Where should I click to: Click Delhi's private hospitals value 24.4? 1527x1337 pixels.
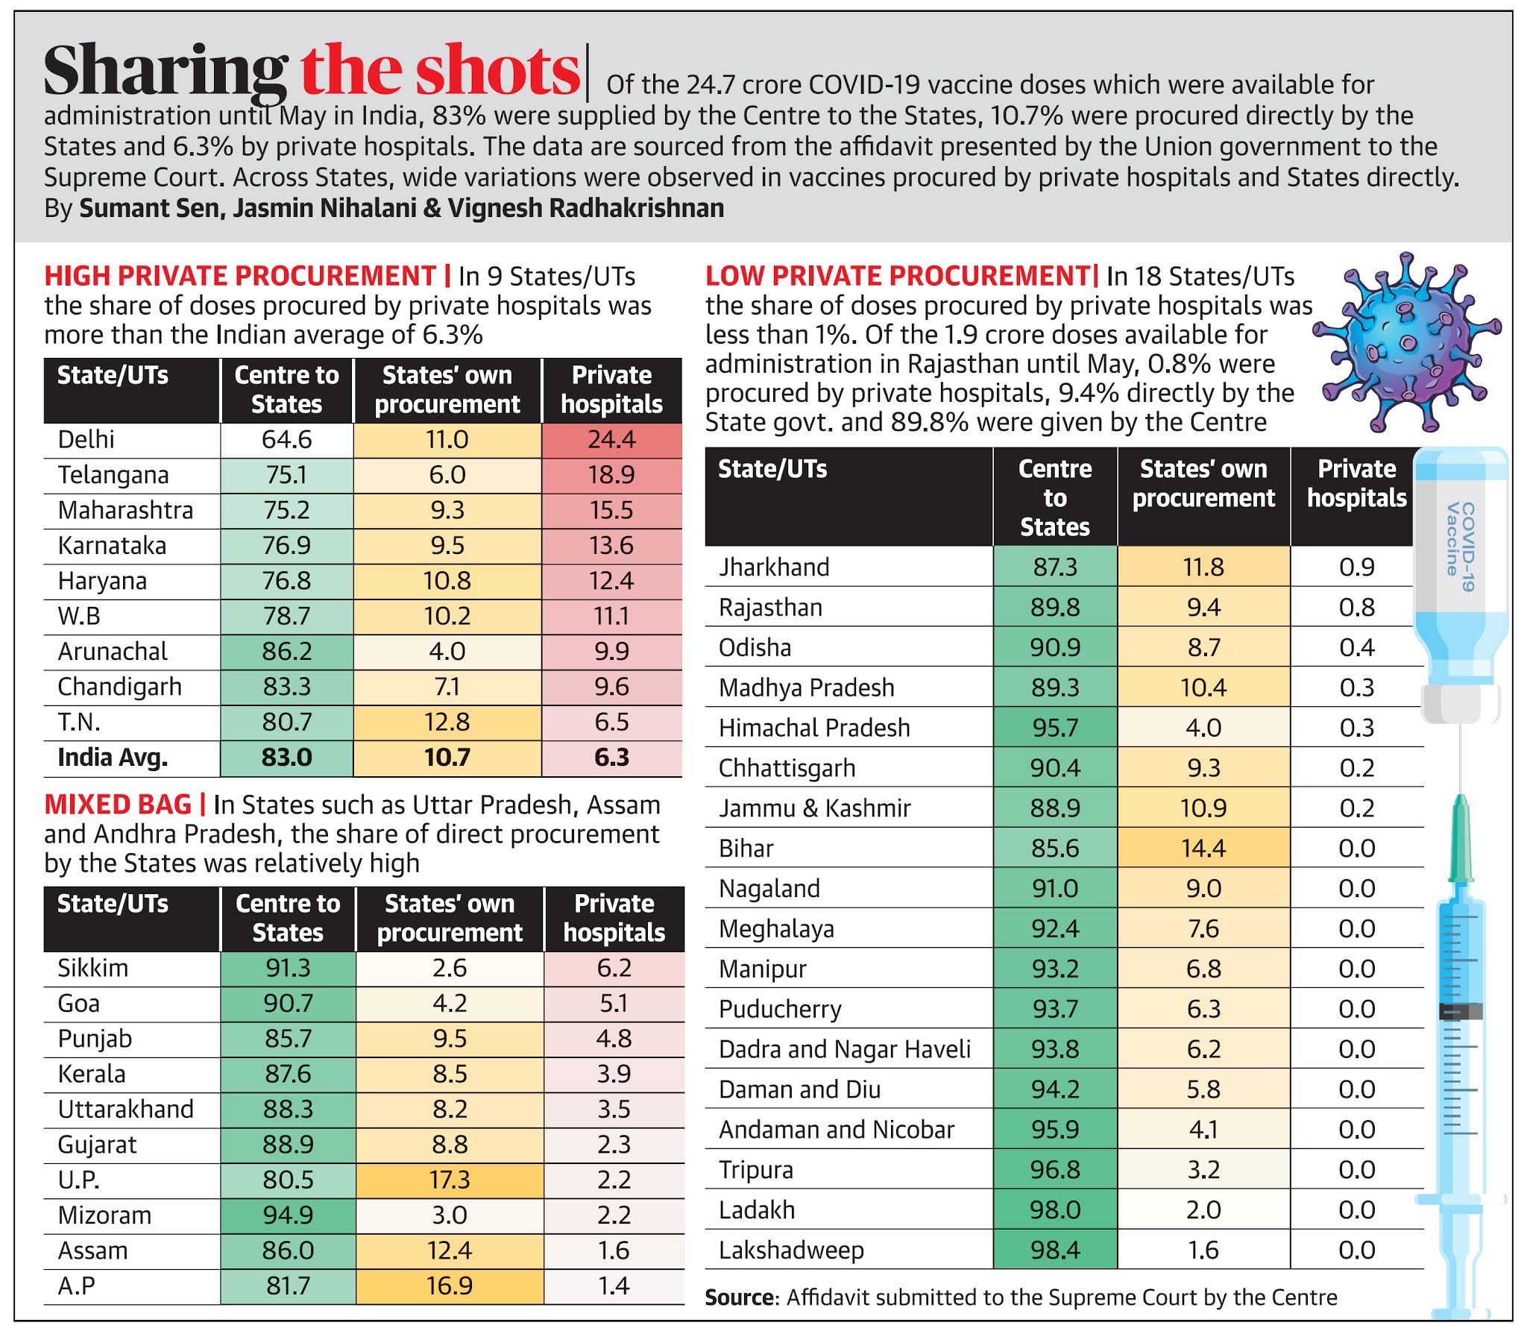tap(611, 439)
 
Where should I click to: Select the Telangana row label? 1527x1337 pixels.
tap(113, 475)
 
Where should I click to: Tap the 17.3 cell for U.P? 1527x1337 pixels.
tap(449, 1180)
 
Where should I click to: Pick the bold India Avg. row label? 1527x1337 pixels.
tap(113, 758)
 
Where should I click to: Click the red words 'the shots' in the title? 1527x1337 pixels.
tap(439, 71)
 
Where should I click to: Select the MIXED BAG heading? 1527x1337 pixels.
tap(117, 805)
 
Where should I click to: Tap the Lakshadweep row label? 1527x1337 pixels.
tap(791, 1250)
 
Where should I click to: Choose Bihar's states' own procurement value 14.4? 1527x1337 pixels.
tap(1203, 849)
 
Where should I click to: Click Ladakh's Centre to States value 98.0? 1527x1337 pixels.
tap(1054, 1209)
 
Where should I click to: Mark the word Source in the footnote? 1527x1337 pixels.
tap(738, 1297)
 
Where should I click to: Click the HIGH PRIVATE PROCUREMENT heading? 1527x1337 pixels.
tap(239, 276)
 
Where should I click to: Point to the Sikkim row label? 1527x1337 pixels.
tap(92, 968)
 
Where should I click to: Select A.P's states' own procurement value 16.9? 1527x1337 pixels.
tap(449, 1286)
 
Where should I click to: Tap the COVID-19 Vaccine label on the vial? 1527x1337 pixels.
tap(1460, 548)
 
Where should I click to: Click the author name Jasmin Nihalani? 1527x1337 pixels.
tap(324, 208)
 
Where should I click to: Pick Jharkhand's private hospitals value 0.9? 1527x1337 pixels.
tap(1356, 567)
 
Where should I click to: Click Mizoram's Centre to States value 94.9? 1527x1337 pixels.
tap(287, 1215)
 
